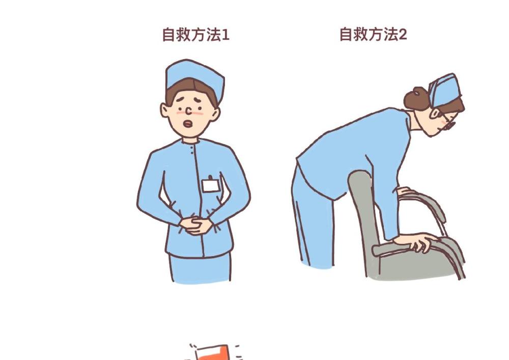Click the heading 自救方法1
pos(196,35)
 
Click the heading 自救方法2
pos(373,34)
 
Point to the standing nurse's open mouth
pos(188,124)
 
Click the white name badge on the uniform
pos(210,186)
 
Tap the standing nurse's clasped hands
pos(196,226)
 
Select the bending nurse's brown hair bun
pos(416,98)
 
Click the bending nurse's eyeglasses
pos(449,122)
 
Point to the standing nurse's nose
pos(189,112)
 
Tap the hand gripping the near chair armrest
pos(415,241)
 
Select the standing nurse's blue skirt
pos(200,268)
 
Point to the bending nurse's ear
pos(435,113)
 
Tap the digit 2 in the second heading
pos(403,34)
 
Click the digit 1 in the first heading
pos(226,35)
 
